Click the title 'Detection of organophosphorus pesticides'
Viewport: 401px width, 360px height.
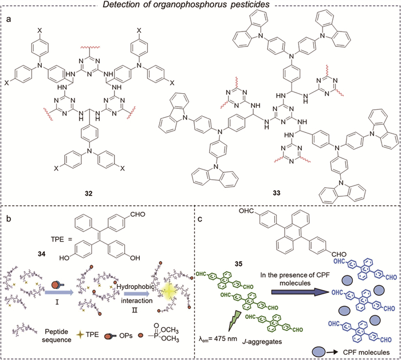pos(200,5)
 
